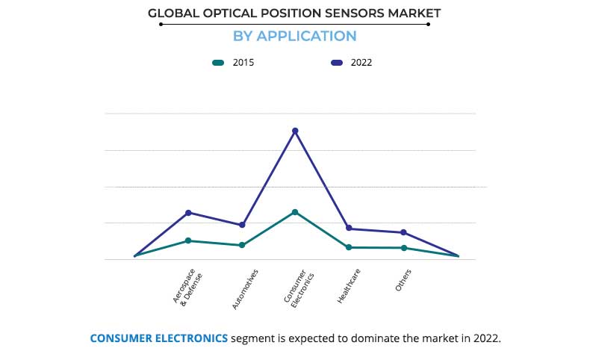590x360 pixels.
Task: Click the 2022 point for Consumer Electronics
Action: [295, 131]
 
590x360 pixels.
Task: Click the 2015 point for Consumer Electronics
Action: [295, 212]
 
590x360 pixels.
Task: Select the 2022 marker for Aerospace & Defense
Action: [188, 213]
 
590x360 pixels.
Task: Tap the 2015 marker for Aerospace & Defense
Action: [188, 240]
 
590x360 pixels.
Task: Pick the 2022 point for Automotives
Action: [242, 225]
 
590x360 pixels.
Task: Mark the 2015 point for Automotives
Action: [242, 245]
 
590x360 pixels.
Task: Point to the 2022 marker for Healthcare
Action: [349, 229]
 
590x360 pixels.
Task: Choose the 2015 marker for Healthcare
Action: [349, 247]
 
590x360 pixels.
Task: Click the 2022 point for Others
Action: [403, 232]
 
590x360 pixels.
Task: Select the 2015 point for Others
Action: [403, 248]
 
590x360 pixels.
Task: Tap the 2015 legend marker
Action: [218, 63]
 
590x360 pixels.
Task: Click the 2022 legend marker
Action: [336, 63]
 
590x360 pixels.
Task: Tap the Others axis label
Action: [403, 281]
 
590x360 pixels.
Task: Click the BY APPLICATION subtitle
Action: [294, 36]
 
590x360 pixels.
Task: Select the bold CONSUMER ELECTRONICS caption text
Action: [159, 338]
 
